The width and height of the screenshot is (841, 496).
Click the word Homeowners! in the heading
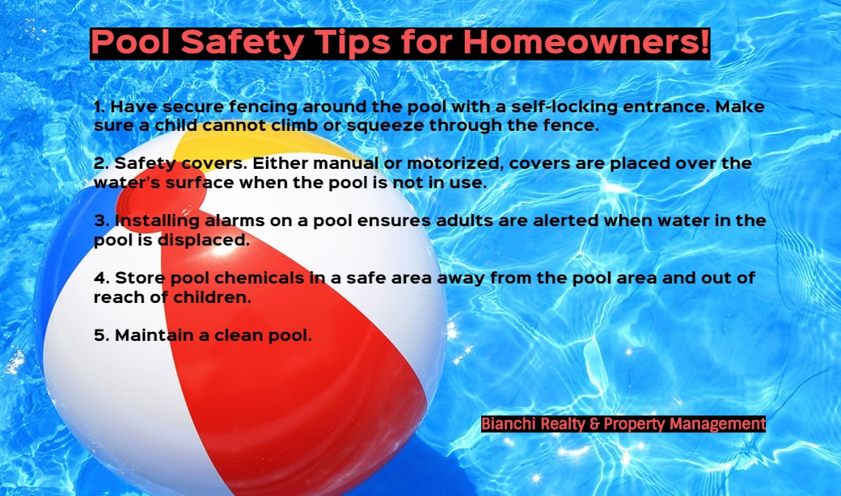(x=586, y=42)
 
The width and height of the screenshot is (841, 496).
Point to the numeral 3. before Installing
(x=102, y=221)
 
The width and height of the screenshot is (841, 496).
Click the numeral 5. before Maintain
(x=102, y=335)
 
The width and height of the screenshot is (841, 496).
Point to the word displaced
(x=204, y=241)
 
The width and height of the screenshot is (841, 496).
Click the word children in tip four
(x=212, y=297)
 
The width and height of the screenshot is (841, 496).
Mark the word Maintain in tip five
(x=154, y=335)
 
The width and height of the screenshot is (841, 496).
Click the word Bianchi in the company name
(x=508, y=423)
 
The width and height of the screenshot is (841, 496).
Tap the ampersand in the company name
(x=594, y=424)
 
